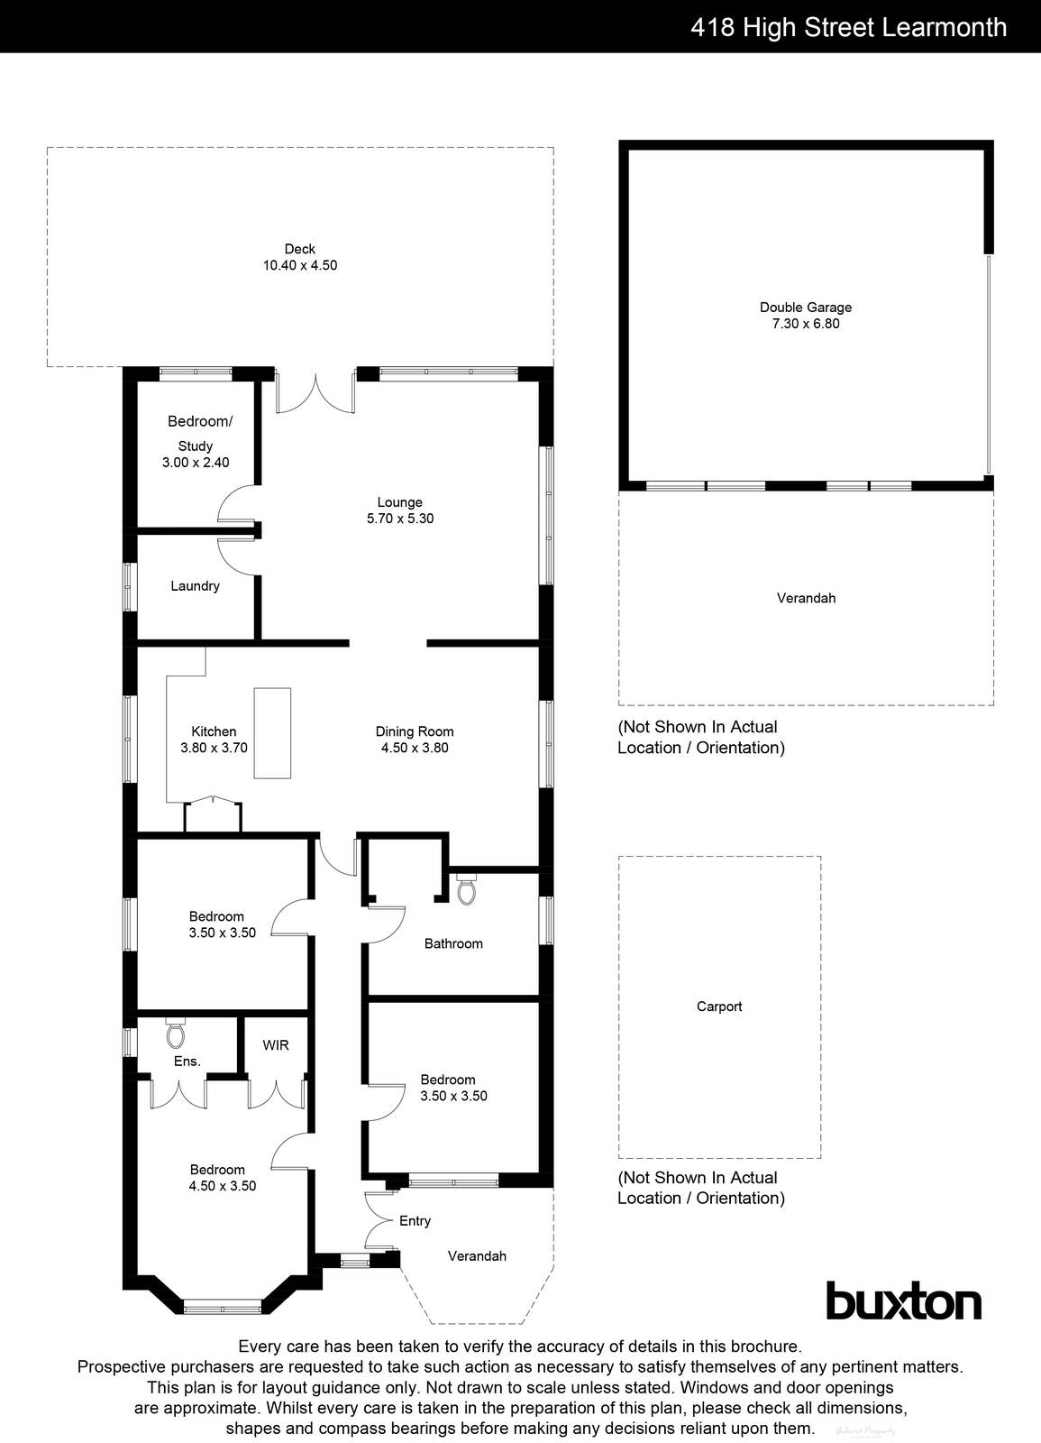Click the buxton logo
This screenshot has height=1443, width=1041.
pyautogui.click(x=903, y=1301)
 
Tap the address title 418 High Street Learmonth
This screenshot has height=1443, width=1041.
pyautogui.click(x=848, y=27)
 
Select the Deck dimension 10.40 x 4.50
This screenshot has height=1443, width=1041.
pyautogui.click(x=300, y=265)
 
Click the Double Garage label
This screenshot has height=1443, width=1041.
pyautogui.click(x=805, y=308)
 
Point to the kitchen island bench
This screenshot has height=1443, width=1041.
pyautogui.click(x=272, y=732)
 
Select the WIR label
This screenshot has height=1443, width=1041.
pyautogui.click(x=276, y=1045)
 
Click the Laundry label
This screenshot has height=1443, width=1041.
pyautogui.click(x=195, y=586)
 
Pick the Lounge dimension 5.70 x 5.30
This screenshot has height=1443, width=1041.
pyautogui.click(x=400, y=519)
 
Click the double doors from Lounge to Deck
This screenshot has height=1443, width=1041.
pyautogui.click(x=315, y=393)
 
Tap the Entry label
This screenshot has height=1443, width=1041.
pyautogui.click(x=415, y=1221)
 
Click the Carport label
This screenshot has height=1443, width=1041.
pyautogui.click(x=719, y=1006)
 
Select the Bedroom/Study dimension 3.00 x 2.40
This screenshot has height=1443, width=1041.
pyautogui.click(x=196, y=463)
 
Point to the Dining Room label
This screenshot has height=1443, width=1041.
pyautogui.click(x=415, y=731)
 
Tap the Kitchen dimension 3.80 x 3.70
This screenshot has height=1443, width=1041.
pyautogui.click(x=214, y=748)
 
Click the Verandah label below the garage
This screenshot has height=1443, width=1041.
pyautogui.click(x=806, y=598)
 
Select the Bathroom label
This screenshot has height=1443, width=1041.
pyautogui.click(x=453, y=943)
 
